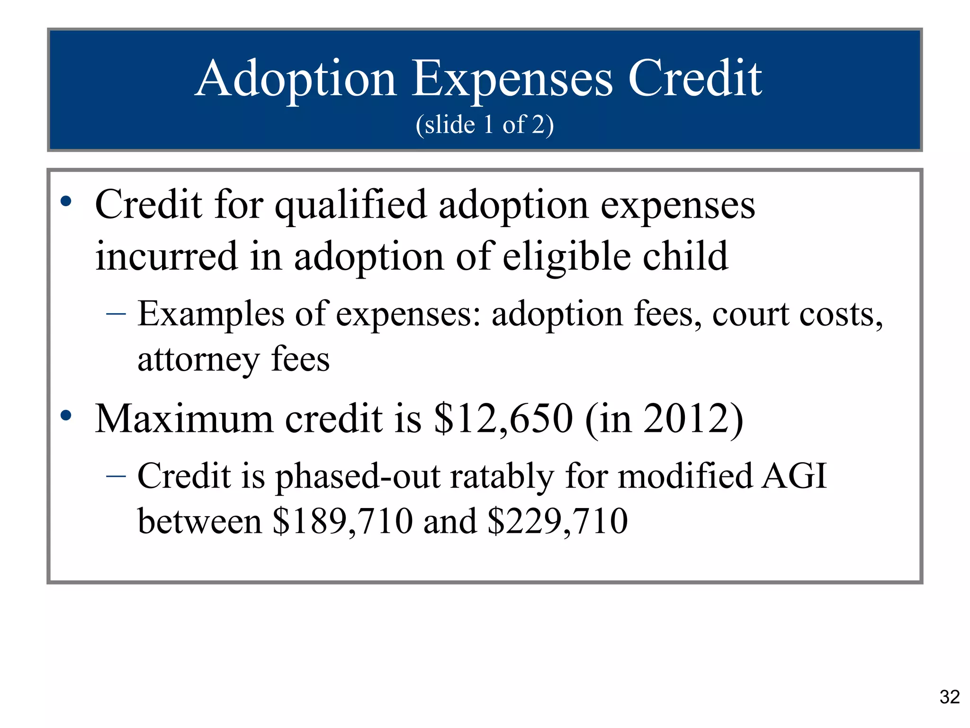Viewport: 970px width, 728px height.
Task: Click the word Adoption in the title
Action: [296, 79]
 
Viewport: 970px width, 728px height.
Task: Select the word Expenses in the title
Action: [512, 79]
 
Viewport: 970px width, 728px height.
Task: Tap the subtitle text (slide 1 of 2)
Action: [485, 125]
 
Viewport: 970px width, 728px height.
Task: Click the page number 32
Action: [949, 697]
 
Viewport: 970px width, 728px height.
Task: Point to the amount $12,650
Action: [503, 419]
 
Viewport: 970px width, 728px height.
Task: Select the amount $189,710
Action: [342, 521]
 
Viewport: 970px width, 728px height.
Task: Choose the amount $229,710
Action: [557, 521]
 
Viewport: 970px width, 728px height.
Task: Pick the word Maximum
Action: [184, 419]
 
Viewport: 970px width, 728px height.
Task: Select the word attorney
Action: [198, 360]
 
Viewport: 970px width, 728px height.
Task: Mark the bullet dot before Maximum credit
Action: [66, 416]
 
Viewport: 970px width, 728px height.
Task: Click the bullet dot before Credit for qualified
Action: [66, 201]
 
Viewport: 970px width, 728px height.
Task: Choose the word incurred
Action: [166, 256]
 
